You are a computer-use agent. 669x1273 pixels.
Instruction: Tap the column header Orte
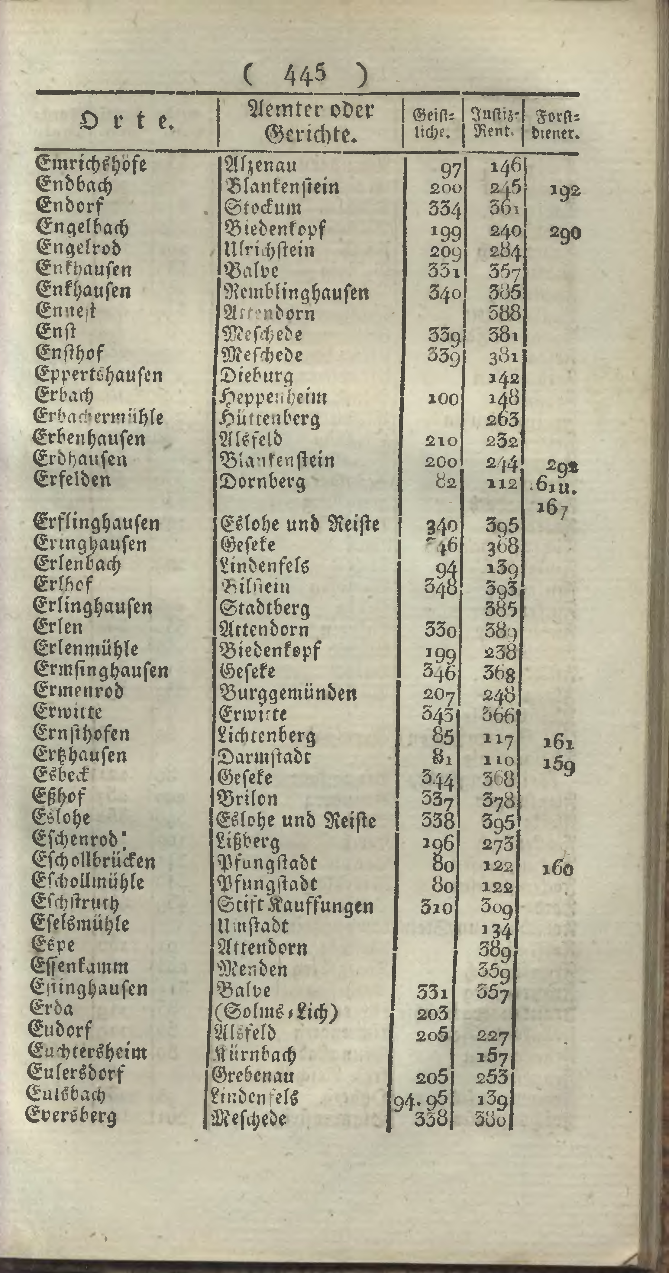(127, 121)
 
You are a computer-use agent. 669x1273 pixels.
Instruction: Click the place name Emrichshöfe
(92, 164)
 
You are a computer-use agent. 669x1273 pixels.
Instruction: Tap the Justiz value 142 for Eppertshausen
(503, 378)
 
